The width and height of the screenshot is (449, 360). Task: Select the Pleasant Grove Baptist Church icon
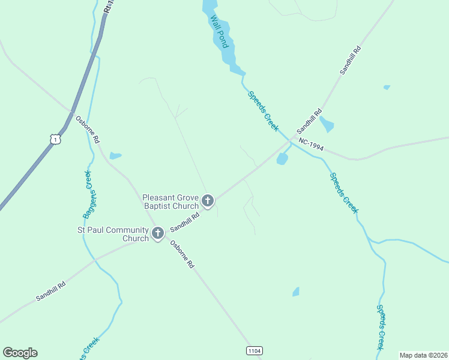[208, 200]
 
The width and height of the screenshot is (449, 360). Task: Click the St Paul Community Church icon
[158, 233]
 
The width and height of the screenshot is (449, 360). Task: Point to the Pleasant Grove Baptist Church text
[170, 201]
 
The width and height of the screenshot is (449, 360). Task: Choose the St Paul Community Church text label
[113, 234]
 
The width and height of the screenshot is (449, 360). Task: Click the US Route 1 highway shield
[55, 139]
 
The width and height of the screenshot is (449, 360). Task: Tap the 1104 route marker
[255, 350]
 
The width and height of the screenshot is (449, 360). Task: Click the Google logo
[20, 353]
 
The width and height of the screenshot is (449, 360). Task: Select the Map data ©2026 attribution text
[423, 355]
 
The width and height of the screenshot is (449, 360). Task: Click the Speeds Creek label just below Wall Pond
[264, 111]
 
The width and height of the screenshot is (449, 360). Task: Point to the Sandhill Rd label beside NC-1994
[309, 121]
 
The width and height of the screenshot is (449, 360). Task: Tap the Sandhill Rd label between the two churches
[184, 220]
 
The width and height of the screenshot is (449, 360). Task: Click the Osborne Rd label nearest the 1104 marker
[182, 254]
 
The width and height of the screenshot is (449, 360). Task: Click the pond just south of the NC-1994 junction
[282, 159]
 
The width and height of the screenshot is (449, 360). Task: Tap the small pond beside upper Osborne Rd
[115, 156]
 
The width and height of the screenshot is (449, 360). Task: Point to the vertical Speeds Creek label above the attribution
[381, 327]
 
